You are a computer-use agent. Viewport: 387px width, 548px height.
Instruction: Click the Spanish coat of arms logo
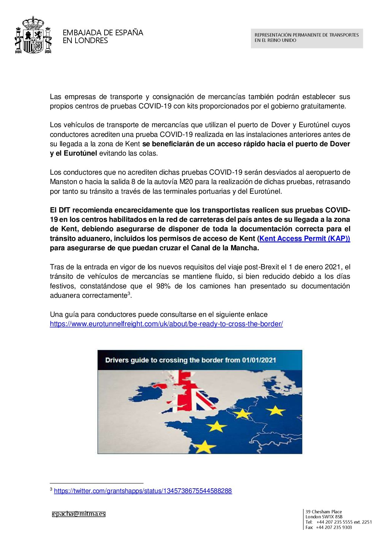(x=33, y=35)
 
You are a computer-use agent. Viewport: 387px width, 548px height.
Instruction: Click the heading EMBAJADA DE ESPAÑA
(x=103, y=32)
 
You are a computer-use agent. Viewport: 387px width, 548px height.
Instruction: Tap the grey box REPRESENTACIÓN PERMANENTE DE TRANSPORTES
(x=306, y=38)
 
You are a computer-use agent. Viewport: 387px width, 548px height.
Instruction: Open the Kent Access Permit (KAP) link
(x=305, y=239)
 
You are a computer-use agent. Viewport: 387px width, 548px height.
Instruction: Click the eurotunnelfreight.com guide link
(x=166, y=324)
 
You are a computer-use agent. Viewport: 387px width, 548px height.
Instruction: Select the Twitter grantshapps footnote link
(x=143, y=491)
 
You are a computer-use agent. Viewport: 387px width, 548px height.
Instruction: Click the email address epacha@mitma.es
(x=79, y=514)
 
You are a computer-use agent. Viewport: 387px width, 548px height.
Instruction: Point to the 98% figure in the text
(x=163, y=286)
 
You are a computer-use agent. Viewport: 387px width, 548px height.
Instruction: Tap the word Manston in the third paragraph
(x=63, y=182)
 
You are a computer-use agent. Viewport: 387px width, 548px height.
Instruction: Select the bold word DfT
(x=64, y=210)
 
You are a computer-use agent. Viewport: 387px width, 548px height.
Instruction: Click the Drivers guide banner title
(x=191, y=360)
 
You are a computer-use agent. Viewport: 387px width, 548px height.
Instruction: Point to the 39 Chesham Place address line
(x=324, y=512)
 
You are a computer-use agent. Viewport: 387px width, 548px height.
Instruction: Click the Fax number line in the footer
(x=329, y=527)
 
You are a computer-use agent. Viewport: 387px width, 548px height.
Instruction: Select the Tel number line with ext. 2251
(x=339, y=522)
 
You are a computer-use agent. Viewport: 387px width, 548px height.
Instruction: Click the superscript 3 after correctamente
(x=129, y=293)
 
